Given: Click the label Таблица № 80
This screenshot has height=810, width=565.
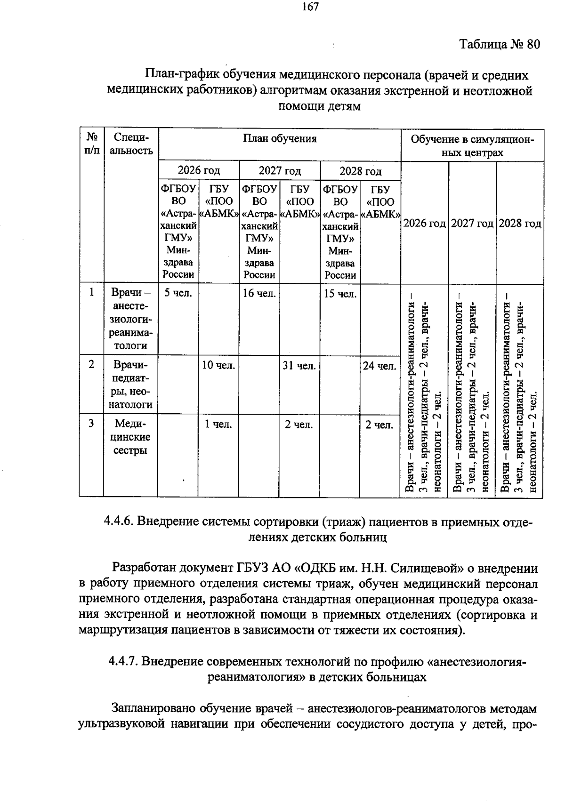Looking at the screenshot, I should [x=499, y=44].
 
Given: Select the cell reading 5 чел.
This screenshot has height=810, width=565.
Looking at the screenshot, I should [x=178, y=294].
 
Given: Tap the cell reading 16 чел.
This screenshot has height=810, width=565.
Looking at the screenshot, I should [x=259, y=294].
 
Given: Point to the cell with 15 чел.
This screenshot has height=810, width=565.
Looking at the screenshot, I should [x=340, y=294].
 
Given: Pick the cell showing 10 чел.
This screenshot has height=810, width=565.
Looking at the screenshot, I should [x=218, y=366].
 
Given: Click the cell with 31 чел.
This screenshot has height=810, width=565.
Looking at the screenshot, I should [x=299, y=366].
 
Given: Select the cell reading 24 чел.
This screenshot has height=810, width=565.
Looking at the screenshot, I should [x=380, y=366].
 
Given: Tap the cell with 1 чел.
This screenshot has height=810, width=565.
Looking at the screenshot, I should [x=218, y=425].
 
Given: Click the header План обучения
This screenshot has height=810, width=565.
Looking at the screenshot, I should [x=280, y=138].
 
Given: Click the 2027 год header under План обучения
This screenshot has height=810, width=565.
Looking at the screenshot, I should [x=280, y=170].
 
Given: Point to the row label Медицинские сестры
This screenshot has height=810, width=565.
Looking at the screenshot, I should [x=130, y=437].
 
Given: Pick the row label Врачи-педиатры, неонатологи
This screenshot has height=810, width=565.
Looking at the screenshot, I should [x=130, y=385].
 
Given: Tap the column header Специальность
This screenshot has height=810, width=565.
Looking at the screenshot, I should [x=130, y=144].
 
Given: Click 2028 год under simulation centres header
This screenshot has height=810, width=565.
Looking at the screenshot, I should [x=520, y=223].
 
